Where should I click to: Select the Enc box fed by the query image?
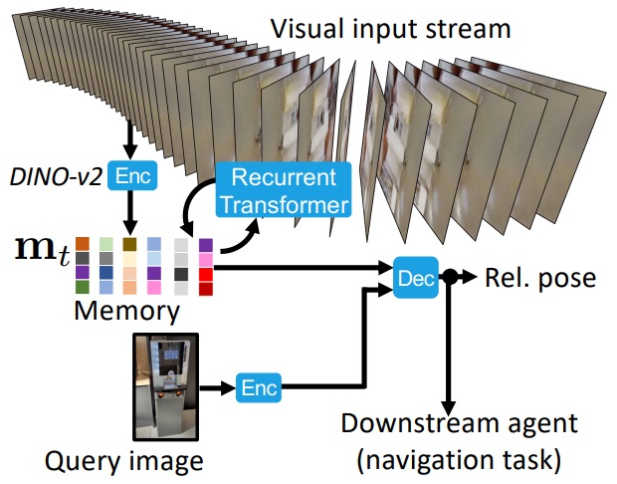pyautogui.click(x=258, y=386)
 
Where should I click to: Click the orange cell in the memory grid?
pyautogui.click(x=84, y=244)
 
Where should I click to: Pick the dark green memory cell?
pyautogui.click(x=84, y=287)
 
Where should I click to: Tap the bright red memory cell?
pyautogui.click(x=206, y=288)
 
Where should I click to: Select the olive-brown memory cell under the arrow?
pyautogui.click(x=130, y=244)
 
